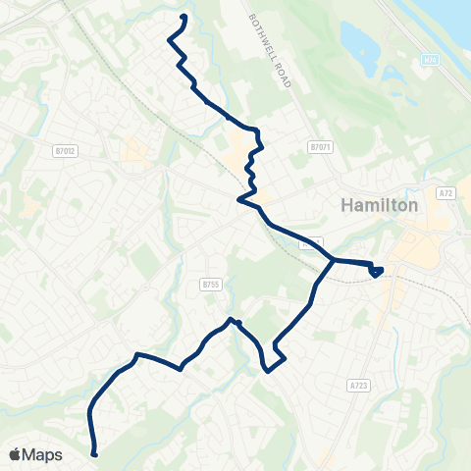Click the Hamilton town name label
point(379,205)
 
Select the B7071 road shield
point(321,147)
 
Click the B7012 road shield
point(65,150)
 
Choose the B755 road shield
point(209,285)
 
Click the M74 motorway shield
point(430,60)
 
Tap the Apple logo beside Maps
point(15,454)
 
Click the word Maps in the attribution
point(42,454)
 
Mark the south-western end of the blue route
point(94,453)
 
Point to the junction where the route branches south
point(334,260)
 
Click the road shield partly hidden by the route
point(312,242)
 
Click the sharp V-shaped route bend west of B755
point(182,369)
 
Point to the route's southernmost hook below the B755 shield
point(268,369)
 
